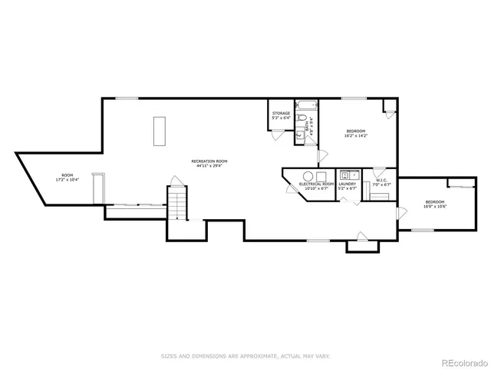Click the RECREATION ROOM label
[209, 161]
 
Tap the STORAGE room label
[281, 113]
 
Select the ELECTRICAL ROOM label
[316, 183]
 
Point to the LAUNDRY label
[348, 183]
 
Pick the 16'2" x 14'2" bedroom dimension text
[356, 136]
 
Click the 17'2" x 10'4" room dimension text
[68, 180]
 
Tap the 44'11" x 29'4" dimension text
[209, 165]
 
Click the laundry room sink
[346, 174]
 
